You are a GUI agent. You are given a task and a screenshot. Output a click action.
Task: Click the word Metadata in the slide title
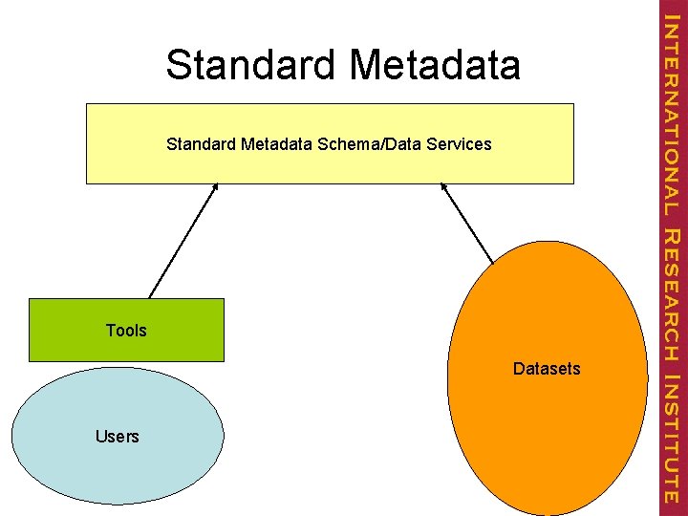pos(436,65)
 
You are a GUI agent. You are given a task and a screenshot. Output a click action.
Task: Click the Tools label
pos(126,331)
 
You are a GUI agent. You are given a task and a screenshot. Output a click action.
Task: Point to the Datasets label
pos(547,369)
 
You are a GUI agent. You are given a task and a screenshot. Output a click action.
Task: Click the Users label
pos(118,437)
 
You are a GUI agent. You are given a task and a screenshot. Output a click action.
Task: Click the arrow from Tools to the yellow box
pos(183,241)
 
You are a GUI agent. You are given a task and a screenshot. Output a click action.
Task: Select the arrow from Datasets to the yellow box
pos(467,223)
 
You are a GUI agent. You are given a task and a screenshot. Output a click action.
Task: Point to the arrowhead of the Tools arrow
pos(217,186)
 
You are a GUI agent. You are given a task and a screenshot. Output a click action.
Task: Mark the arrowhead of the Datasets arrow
pos(442,186)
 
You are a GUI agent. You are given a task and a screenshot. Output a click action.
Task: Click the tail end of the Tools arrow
pos(150,296)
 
